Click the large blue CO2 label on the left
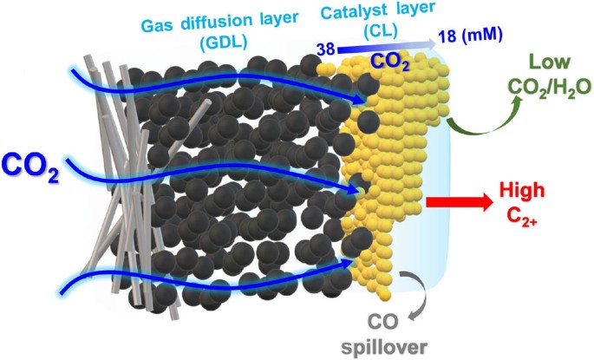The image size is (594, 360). pyautogui.click(x=30, y=167)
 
